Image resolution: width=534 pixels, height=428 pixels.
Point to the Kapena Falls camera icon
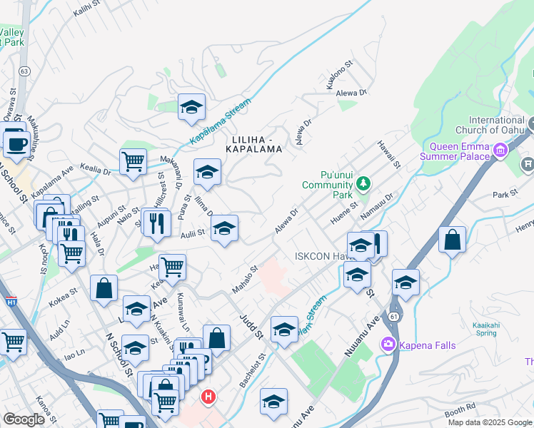point(388,345)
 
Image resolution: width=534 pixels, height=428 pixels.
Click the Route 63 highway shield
point(25,71)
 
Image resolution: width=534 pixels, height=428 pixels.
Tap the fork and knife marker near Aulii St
point(156,223)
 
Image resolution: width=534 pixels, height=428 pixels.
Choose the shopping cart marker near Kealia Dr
point(133,163)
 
